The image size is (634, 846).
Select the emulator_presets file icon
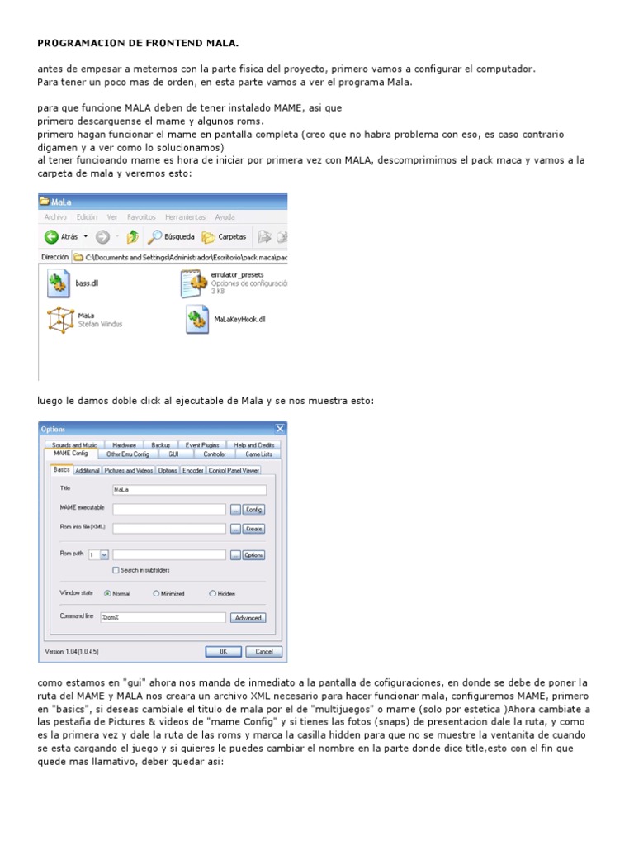[194, 283]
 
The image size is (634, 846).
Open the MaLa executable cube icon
[60, 319]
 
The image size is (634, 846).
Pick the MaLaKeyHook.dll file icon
[196, 319]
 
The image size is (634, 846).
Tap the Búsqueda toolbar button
[171, 236]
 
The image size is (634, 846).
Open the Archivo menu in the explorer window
[55, 217]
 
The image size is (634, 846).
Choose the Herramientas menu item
[185, 217]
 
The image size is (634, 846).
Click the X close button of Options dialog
[280, 429]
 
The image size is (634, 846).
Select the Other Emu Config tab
[129, 454]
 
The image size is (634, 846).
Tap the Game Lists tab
[259, 454]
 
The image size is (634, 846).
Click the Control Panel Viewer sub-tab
[234, 470]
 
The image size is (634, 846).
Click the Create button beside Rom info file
[253, 529]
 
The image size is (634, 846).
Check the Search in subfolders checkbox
[115, 570]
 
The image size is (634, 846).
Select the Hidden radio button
[213, 593]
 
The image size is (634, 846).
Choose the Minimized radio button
[156, 593]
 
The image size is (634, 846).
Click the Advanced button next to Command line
[248, 617]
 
